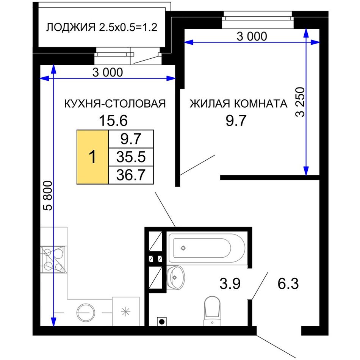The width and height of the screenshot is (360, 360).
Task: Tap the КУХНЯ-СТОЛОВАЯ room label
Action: (115, 103)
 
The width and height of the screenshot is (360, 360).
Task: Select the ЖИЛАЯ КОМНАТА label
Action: (238, 103)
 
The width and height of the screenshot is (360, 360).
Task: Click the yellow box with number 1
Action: (92, 157)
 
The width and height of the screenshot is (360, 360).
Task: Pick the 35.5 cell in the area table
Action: (131, 157)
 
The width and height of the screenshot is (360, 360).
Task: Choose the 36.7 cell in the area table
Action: (131, 175)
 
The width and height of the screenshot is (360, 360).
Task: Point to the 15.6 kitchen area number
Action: (113, 121)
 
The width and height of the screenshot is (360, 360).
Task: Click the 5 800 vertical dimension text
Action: (49, 196)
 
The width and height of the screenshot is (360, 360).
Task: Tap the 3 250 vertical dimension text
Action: (300, 102)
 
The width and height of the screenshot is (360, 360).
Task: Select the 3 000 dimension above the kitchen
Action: (108, 72)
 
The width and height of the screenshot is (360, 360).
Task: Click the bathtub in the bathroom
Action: (207, 248)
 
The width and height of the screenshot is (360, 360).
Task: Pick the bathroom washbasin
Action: (176, 277)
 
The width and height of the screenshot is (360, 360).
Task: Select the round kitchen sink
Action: (86, 313)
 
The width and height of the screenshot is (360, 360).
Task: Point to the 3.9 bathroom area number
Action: (230, 283)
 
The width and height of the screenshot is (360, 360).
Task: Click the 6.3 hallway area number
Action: (288, 283)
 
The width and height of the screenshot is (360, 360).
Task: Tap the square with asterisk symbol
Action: (125, 311)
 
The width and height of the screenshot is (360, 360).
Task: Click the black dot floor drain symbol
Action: (162, 322)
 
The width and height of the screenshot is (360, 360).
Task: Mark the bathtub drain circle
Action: (183, 248)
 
